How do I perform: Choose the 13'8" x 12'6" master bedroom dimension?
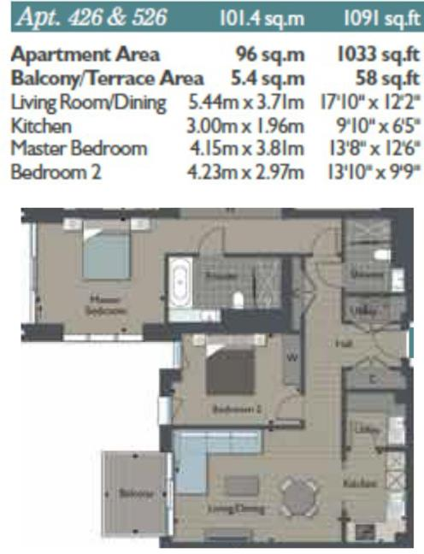point(374,149)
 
